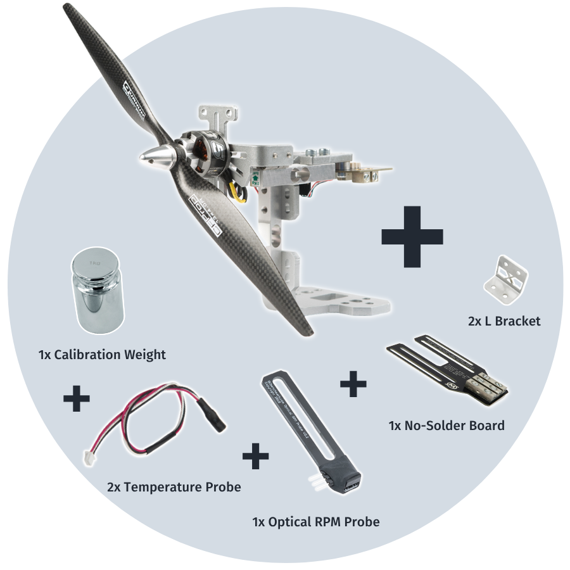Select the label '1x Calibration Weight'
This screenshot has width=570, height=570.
(102, 355)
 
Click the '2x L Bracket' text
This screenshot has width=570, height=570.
(504, 321)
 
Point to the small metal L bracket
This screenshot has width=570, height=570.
(507, 279)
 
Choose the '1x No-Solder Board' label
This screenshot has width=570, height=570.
(446, 425)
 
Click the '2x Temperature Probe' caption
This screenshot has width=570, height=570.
(174, 487)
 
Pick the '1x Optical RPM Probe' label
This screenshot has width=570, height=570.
(316, 522)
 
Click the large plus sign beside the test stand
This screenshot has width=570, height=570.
(412, 236)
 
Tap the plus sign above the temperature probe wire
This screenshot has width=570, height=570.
(77, 400)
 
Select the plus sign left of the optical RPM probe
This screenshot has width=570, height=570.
(255, 456)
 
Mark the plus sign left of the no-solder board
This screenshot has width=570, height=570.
(353, 384)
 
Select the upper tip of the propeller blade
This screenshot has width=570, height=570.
(71, 12)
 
